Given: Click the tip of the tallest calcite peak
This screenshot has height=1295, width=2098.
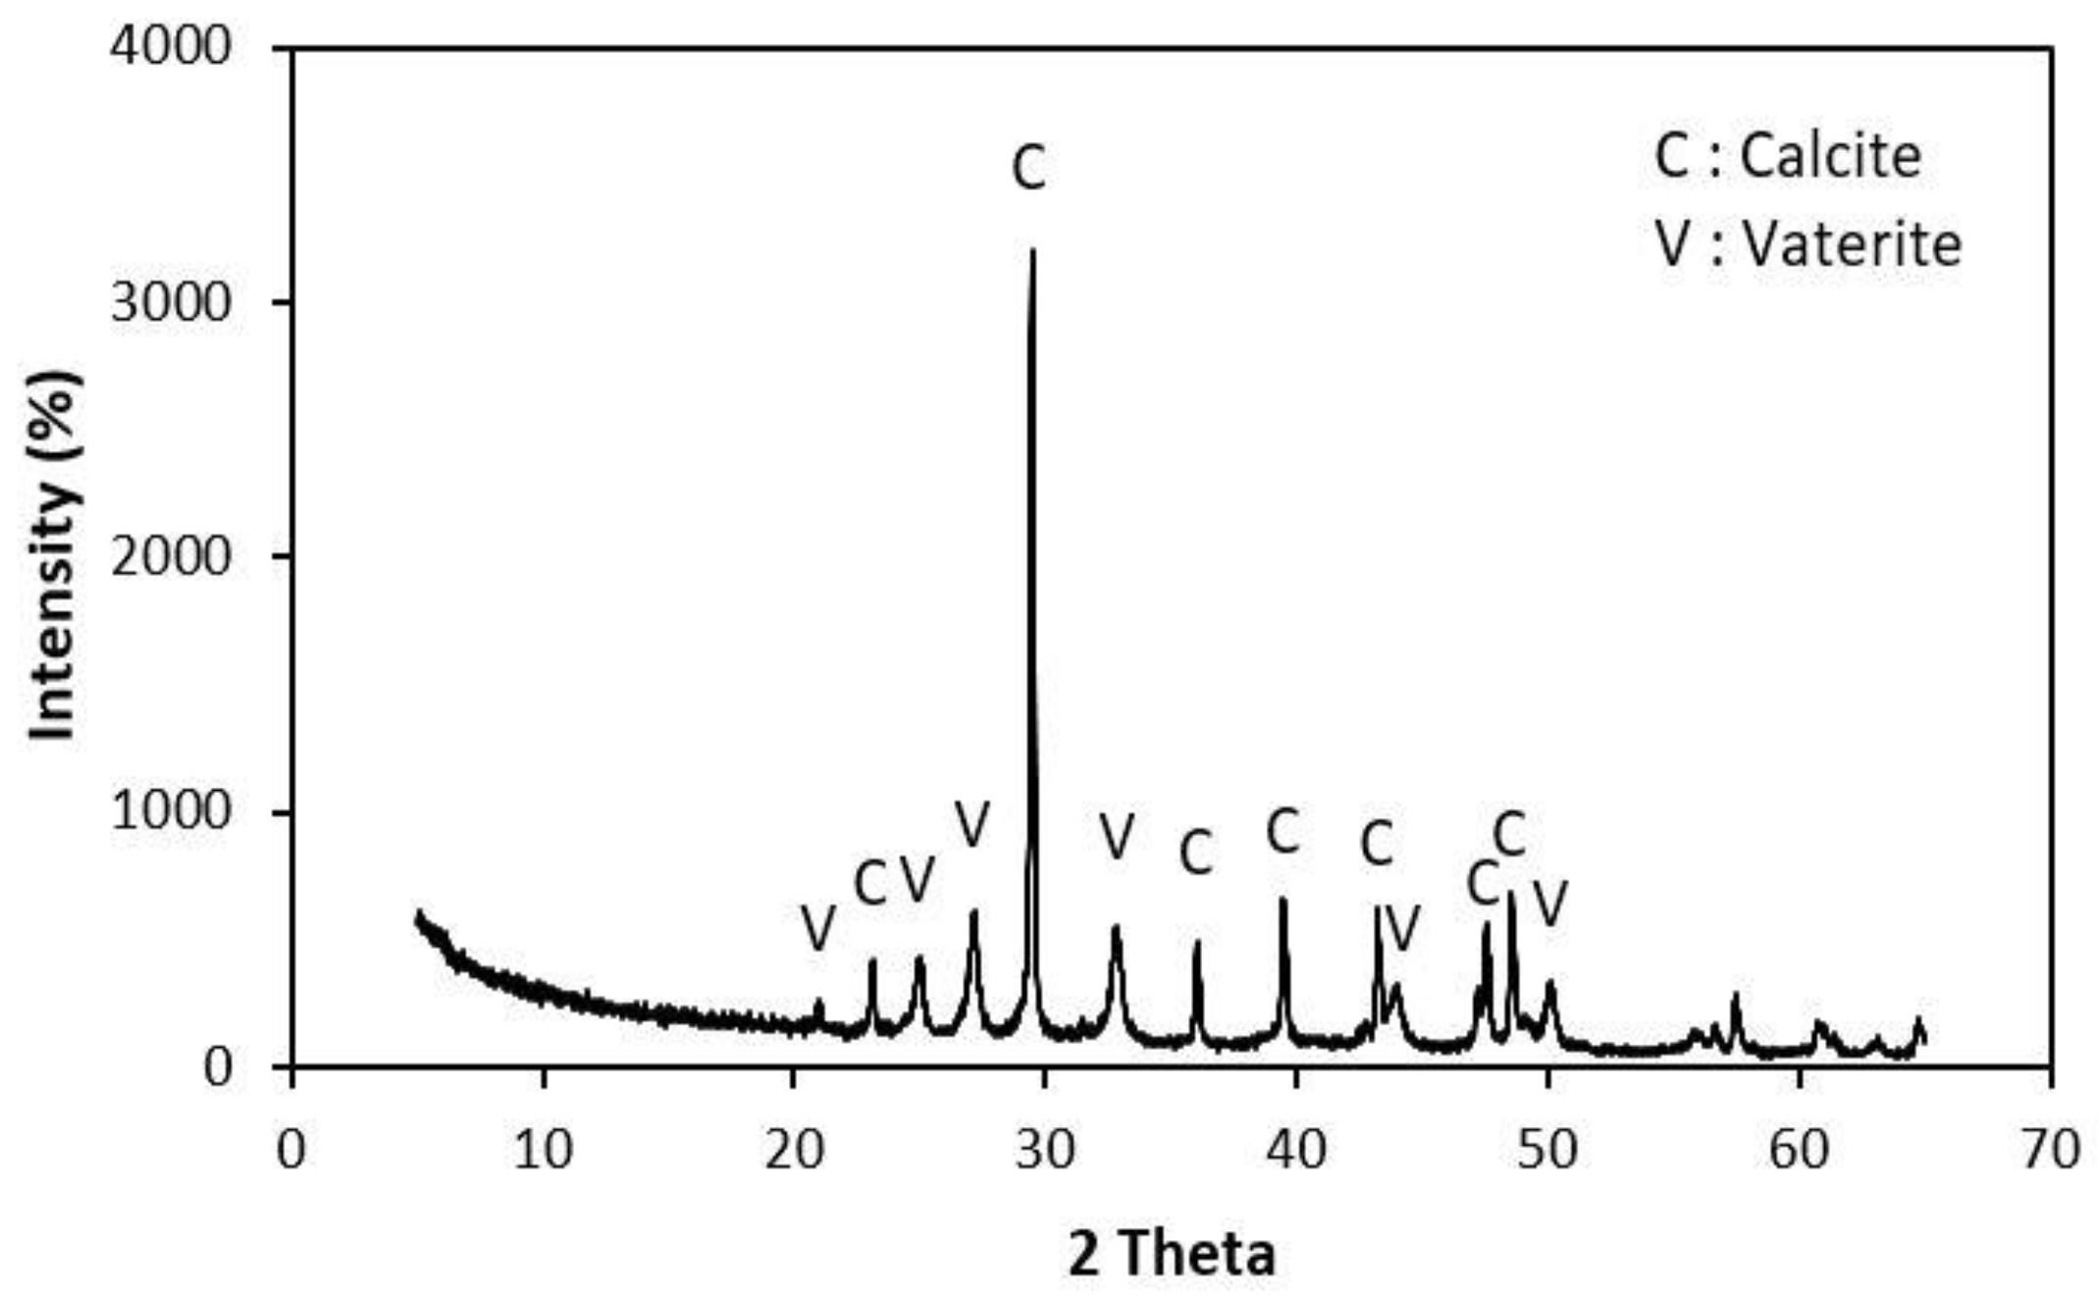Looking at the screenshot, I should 1031,251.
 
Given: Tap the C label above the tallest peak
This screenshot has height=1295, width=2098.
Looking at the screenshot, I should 1028,169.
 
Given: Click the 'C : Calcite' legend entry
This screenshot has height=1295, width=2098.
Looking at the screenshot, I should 1787,156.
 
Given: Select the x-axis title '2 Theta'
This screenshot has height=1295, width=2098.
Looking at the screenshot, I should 1172,1254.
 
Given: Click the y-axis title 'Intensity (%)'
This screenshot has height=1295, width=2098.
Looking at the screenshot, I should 54,555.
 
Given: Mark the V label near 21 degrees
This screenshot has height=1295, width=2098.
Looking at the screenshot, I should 817,926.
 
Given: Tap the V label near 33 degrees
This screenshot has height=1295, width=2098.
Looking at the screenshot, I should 1117,836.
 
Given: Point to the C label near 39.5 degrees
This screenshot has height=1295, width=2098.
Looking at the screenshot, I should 1283,832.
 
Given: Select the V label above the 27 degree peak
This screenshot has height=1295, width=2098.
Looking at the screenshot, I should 972,823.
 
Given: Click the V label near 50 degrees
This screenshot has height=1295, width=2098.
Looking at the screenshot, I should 1550,903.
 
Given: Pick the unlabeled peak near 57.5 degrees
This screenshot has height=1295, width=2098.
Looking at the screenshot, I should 1735,998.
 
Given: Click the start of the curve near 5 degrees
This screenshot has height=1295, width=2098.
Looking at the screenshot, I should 419,915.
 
